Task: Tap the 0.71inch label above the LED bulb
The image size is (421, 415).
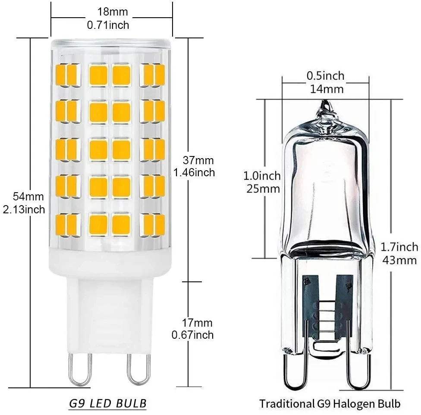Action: click(108, 25)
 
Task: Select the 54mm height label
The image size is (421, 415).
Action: click(28, 197)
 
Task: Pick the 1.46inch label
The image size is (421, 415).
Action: click(194, 173)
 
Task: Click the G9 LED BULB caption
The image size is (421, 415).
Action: click(108, 403)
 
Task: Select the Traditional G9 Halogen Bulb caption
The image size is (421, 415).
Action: click(330, 404)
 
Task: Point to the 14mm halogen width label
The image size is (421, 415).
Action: click(326, 89)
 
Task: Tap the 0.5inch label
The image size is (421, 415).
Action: click(326, 76)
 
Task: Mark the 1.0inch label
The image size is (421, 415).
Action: click(262, 176)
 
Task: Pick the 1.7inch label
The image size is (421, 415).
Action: click(399, 247)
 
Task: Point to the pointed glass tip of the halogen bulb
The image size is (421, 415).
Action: click(325, 106)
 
